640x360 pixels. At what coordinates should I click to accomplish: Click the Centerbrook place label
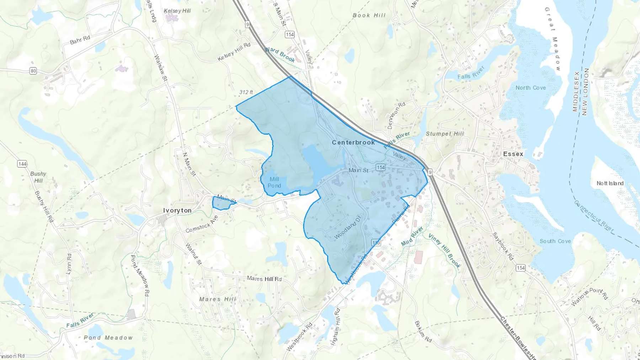(x=353, y=142)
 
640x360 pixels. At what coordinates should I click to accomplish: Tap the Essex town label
(x=513, y=154)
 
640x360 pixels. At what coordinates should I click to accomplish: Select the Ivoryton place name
(x=177, y=210)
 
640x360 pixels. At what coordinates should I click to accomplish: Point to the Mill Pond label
(x=274, y=182)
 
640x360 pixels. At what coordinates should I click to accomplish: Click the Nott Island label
(x=610, y=183)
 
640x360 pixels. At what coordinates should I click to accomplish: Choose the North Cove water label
(x=530, y=88)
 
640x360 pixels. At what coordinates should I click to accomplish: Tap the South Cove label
(x=555, y=241)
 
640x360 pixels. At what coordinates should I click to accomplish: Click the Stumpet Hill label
(x=445, y=134)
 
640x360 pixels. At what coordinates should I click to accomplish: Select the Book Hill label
(x=369, y=15)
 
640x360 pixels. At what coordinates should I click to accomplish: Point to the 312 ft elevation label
(x=246, y=92)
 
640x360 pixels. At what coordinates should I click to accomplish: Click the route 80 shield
(x=33, y=71)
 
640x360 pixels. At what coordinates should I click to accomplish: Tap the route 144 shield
(x=22, y=164)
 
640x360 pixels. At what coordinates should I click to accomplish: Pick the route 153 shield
(x=376, y=243)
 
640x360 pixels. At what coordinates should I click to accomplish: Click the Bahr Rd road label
(x=80, y=40)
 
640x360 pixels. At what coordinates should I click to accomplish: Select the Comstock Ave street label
(x=202, y=224)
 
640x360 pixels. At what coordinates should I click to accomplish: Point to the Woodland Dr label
(x=347, y=227)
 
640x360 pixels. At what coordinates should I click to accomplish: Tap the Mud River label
(x=412, y=236)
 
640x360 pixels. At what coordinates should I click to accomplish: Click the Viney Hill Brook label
(x=444, y=251)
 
